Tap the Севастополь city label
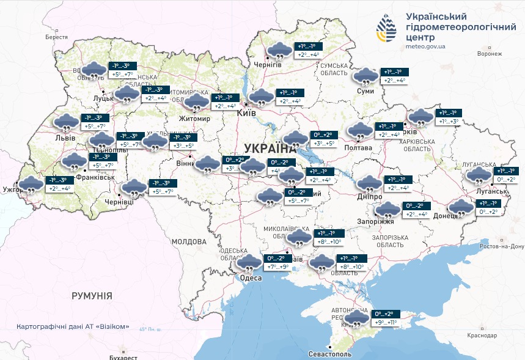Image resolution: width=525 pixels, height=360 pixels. (330, 354)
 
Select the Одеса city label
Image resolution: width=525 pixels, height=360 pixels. (251, 278)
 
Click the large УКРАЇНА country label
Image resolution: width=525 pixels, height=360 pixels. (269, 148)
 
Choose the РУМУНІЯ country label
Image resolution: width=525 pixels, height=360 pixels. (92, 296)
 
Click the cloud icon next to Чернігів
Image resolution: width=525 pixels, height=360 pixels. (279, 51)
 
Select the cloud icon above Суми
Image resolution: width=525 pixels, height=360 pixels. (366, 77)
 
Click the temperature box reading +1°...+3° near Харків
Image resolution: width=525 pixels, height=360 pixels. (452, 122)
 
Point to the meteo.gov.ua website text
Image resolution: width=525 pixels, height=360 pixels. (425, 46)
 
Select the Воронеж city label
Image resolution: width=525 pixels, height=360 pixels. (490, 54)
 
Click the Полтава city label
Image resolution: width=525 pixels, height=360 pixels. (359, 148)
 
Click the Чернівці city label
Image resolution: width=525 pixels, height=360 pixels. (119, 201)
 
